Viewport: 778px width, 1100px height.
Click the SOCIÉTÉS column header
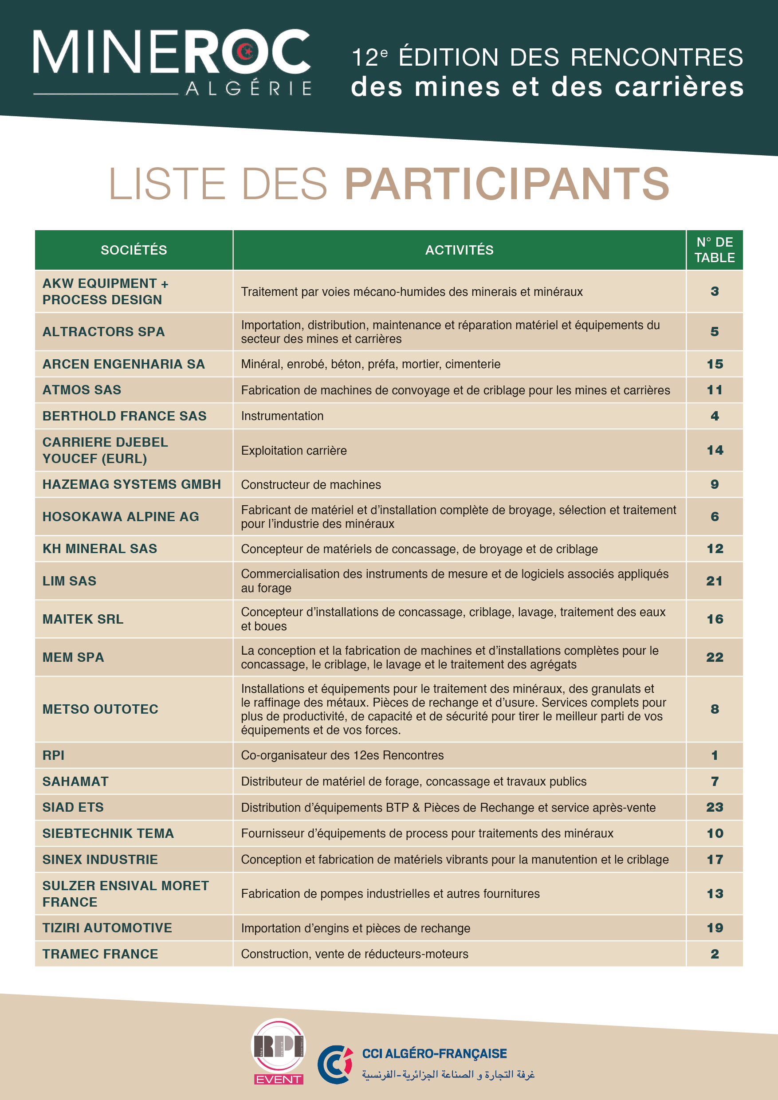coord(134,250)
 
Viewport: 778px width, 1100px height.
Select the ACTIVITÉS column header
coord(459,250)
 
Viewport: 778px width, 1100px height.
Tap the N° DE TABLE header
coord(714,250)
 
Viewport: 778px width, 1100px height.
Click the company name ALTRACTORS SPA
coord(103,331)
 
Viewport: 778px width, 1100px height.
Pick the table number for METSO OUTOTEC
coord(714,709)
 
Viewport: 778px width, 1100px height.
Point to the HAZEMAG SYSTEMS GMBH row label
coord(132,484)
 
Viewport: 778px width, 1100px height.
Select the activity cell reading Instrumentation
coord(282,416)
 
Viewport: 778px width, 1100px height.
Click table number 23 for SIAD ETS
coord(714,807)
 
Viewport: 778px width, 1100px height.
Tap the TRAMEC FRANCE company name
coord(100,954)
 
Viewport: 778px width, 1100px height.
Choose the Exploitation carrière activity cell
coord(294,450)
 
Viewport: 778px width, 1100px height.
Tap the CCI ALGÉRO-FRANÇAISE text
coord(434,1053)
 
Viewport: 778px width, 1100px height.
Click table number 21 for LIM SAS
coord(714,581)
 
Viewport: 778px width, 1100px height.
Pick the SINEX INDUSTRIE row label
coord(100,860)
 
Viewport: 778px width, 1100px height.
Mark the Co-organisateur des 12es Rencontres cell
coord(342,755)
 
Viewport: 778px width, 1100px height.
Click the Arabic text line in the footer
coord(448,1074)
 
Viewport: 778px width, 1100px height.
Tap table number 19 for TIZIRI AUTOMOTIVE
coord(714,928)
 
